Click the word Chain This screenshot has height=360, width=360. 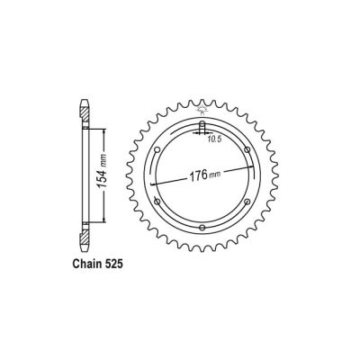click(x=90, y=268)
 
